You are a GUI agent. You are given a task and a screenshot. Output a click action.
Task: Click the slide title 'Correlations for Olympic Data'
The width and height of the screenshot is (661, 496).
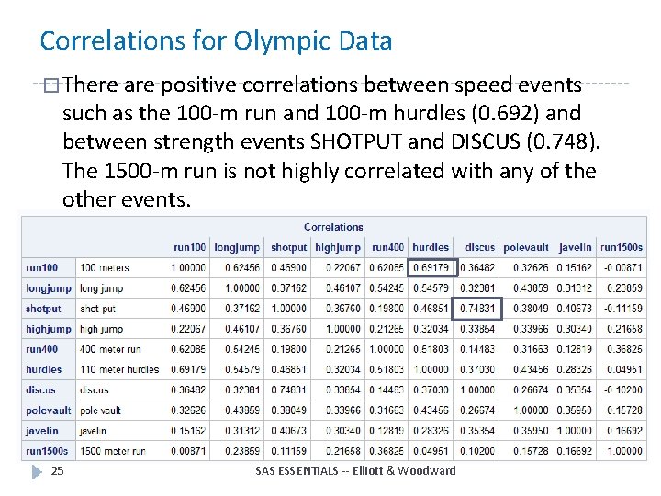(216, 41)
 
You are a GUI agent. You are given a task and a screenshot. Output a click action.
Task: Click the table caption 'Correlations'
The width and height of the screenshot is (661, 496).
(333, 227)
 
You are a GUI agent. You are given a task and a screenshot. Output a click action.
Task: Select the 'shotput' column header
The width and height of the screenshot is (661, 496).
(288, 247)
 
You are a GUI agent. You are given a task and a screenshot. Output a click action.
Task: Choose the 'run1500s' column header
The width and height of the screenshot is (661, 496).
(622, 247)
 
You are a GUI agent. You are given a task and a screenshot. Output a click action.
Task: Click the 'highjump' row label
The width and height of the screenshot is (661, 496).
(48, 329)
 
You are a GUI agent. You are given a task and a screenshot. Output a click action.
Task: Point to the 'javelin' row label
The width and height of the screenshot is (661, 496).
(42, 431)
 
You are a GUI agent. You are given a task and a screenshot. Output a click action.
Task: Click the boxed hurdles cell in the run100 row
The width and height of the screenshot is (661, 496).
(431, 268)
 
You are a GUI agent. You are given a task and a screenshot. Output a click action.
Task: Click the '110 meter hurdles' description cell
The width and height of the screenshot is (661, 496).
(119, 369)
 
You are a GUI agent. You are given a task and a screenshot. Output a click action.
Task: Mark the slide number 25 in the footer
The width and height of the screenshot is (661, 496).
(57, 471)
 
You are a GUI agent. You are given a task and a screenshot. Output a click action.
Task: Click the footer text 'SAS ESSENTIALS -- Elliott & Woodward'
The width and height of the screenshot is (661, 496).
(355, 471)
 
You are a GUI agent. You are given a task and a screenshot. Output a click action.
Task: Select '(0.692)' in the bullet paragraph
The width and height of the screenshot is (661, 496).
(510, 114)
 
